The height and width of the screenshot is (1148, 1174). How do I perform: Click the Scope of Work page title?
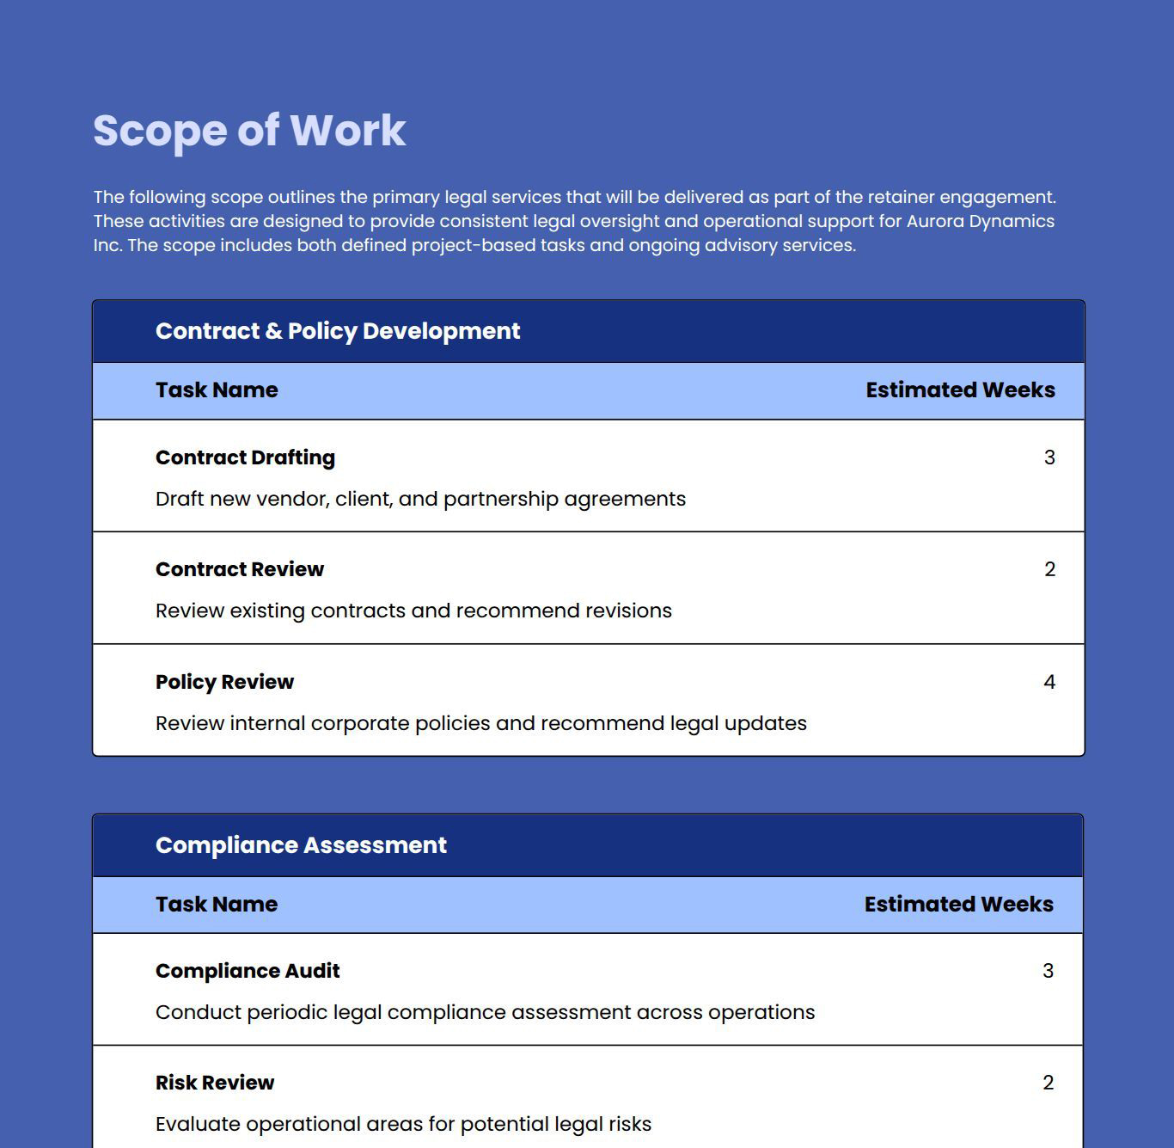(249, 131)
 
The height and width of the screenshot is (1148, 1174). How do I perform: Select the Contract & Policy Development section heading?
(338, 331)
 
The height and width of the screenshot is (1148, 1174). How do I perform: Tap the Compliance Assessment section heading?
(301, 845)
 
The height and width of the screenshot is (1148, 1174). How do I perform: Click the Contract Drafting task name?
(245, 457)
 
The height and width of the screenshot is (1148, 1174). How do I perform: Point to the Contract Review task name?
(240, 569)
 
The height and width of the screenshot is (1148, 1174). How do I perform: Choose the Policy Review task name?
(224, 682)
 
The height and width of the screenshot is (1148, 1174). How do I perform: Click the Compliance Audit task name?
(248, 971)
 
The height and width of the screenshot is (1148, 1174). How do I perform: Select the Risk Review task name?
(215, 1083)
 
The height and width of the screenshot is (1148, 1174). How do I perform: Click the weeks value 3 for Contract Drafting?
(1049, 457)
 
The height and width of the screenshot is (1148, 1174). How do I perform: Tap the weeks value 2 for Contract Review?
(1049, 569)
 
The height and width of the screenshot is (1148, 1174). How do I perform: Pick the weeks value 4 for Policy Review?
(1049, 682)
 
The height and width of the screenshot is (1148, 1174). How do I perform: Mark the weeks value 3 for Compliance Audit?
(1048, 971)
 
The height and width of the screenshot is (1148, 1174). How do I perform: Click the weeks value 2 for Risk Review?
(1048, 1083)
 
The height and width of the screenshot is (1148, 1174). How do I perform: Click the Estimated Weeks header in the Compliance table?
(958, 905)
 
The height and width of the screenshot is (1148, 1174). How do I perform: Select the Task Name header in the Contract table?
(217, 390)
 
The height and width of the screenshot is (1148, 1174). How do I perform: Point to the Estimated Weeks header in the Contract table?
(960, 390)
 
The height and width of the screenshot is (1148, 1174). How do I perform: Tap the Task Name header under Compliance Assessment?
(217, 905)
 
